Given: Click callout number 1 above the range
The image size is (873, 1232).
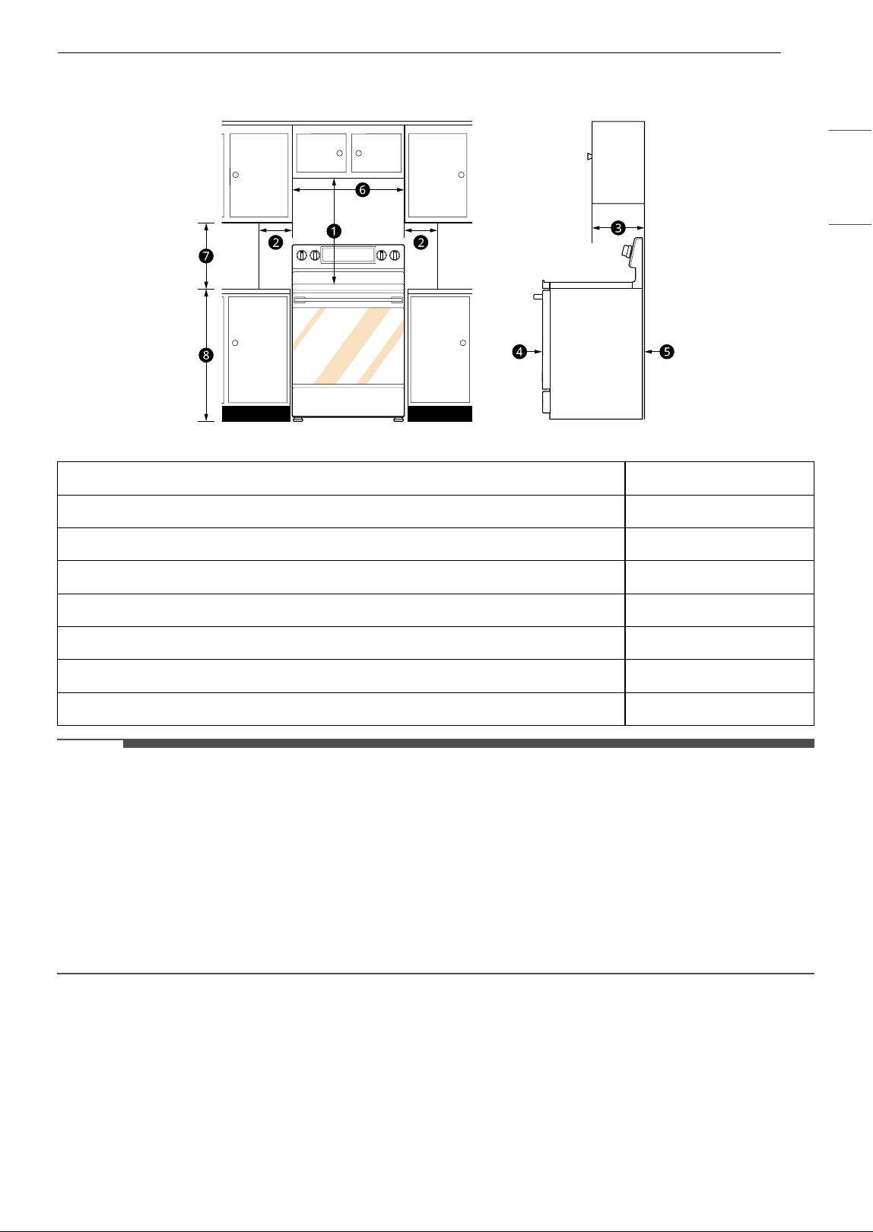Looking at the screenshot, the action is pos(334,232).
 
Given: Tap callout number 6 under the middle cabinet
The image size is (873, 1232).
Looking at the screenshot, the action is pos(362,190).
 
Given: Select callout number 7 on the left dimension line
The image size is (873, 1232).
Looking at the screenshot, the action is pos(206,256).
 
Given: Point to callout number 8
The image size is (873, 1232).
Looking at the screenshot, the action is pos(206,355).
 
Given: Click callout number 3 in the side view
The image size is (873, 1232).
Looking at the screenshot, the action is pos(618,228).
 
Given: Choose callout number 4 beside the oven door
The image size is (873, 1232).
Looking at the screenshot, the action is pos(519,351).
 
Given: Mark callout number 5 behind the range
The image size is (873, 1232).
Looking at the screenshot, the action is pos(667,351).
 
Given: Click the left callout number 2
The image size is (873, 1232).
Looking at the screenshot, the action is pos(276,242).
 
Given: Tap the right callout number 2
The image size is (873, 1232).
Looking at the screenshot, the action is pos(421,242).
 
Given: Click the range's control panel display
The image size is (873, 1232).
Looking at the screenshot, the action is pos(348,255).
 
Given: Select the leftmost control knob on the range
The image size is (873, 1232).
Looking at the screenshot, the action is pos(302,255).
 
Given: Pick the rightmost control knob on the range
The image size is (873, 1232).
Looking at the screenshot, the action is pos(395,255).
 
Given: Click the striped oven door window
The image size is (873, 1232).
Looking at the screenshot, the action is pos(348,345).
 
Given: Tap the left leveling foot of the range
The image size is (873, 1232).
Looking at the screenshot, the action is pos(298,419).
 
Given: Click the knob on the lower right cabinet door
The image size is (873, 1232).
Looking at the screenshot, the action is pos(463,343).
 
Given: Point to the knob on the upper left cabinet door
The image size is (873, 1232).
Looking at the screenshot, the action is pos(236,175).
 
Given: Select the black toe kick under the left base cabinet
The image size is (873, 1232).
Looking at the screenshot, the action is pos(256,413).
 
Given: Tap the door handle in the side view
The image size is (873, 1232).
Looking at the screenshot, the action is pos(538,296).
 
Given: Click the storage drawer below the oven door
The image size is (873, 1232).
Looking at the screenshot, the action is pos(348,401).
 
